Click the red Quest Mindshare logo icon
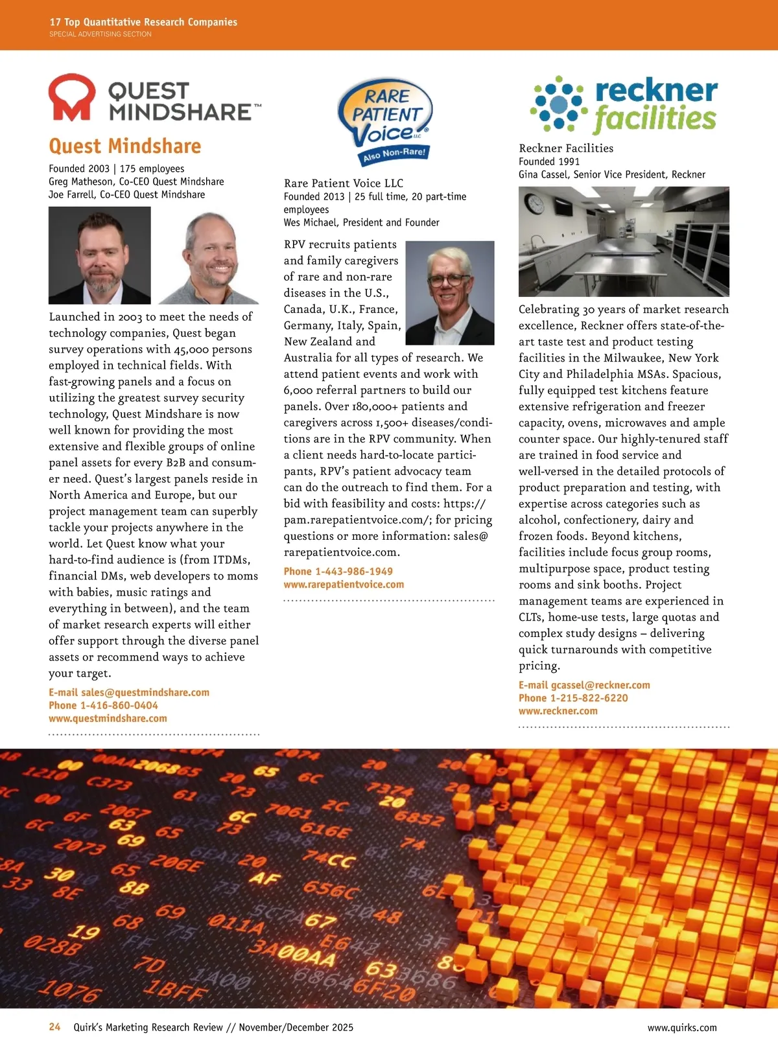tap(71, 98)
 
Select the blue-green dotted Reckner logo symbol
tap(558, 104)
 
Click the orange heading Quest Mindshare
tap(125, 146)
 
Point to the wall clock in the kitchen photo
tap(535, 204)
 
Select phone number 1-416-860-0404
tap(119, 706)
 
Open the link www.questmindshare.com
tap(108, 719)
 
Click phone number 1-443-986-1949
tap(354, 572)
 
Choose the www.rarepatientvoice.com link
tap(344, 585)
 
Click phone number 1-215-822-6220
tap(589, 699)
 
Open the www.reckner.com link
tap(558, 712)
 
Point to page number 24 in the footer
tap(54, 1027)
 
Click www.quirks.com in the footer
tap(682, 1028)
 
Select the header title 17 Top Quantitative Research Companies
tap(143, 22)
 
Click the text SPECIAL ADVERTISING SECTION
tap(100, 34)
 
